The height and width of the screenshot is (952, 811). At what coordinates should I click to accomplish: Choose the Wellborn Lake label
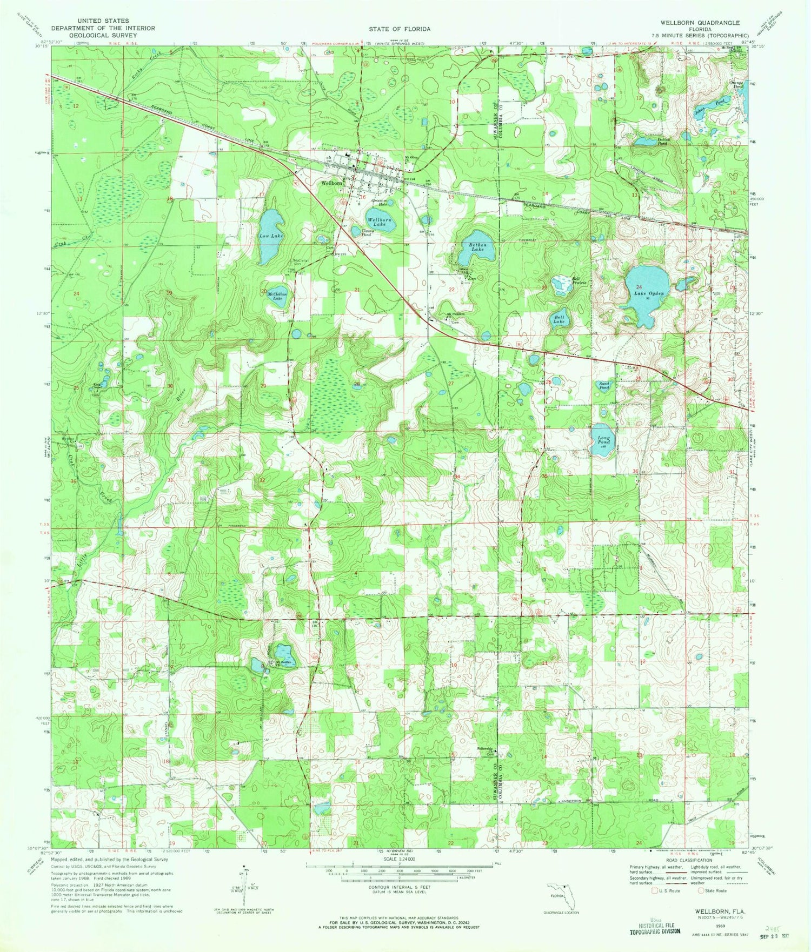(379, 222)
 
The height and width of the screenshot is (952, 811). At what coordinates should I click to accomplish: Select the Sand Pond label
(604, 386)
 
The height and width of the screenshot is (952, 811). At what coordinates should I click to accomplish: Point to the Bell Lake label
(559, 319)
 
